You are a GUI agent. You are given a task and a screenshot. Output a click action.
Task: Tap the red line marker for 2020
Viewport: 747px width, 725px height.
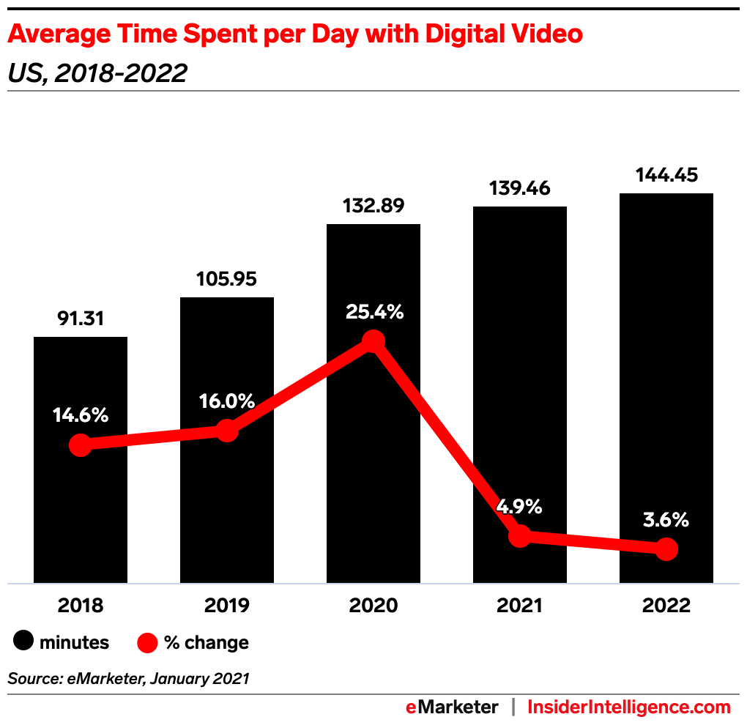click(373, 341)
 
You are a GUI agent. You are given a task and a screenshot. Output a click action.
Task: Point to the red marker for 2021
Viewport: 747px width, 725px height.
click(519, 536)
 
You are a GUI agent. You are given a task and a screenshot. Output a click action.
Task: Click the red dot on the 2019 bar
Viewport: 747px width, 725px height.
click(227, 431)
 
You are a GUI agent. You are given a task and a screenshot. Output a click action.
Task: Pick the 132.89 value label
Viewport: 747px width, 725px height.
click(373, 206)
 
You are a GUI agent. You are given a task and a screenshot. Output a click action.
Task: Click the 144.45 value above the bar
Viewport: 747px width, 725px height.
click(666, 175)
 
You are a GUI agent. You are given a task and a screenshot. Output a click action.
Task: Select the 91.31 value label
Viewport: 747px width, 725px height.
click(81, 319)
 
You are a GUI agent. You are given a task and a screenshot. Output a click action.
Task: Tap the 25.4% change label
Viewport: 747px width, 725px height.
click(373, 312)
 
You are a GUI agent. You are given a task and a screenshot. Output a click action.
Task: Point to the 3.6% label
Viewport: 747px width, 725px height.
click(666, 520)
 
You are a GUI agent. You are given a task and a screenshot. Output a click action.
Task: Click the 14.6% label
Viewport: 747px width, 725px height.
click(81, 415)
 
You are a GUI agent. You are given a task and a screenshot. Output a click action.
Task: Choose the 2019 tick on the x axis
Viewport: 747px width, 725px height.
click(227, 606)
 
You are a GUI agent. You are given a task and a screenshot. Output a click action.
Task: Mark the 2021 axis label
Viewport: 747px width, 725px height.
click(519, 606)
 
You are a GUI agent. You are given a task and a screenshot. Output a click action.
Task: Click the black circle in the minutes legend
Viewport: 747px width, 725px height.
click(23, 642)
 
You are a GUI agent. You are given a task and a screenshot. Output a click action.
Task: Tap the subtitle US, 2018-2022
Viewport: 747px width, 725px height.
click(97, 73)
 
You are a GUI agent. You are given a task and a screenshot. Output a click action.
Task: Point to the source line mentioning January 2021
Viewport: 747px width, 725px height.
click(129, 679)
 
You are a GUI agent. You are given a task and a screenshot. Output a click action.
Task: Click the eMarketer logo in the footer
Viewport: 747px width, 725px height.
click(453, 707)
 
